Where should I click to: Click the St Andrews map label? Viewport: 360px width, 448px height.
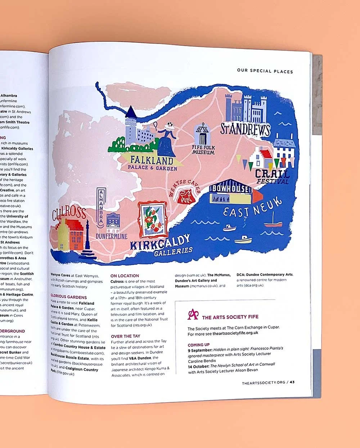tap(245, 129)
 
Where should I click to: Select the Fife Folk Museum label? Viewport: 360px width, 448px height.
tap(203, 150)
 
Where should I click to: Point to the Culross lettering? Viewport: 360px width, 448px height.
tap(69, 213)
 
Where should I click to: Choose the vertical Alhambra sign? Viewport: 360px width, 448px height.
tap(100, 207)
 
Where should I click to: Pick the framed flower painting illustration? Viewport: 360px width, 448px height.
tap(153, 219)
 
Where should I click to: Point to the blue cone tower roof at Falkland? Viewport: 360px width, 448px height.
tap(130, 112)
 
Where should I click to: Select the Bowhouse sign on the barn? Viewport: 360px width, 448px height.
tap(230, 188)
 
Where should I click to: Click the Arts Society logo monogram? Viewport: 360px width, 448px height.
tap(193, 314)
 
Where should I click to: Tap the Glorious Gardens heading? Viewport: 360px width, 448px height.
tap(68, 297)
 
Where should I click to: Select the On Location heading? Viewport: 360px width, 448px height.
tap(125, 276)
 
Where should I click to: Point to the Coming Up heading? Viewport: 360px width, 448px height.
tap(198, 345)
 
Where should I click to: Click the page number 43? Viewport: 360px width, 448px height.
tap(292, 382)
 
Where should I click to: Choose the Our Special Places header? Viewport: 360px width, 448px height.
tap(265, 71)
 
